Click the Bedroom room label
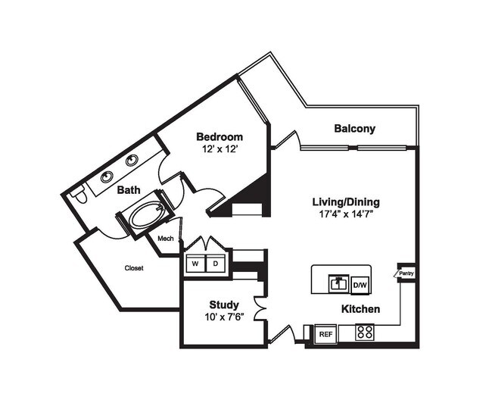[220, 137]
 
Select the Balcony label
[354, 129]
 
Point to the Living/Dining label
[346, 202]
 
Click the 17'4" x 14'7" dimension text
[346, 215]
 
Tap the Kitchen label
[360, 309]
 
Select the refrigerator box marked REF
[325, 333]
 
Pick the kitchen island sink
[337, 283]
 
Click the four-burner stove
[365, 332]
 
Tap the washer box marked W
[195, 264]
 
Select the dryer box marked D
[216, 264]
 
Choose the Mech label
[166, 239]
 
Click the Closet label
[133, 267]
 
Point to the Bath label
[127, 190]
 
